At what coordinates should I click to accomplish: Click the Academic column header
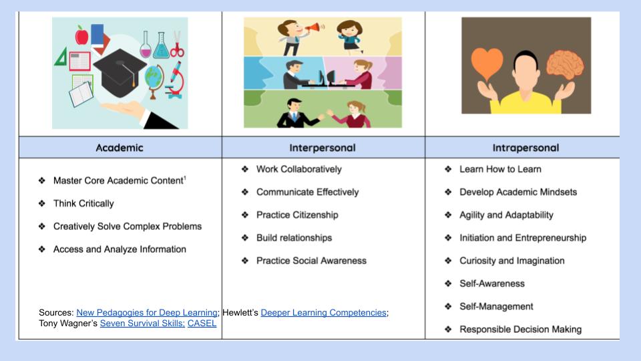click(120, 148)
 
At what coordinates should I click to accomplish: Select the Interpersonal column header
click(323, 148)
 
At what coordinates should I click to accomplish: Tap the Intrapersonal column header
click(525, 148)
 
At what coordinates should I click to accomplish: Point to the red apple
click(81, 35)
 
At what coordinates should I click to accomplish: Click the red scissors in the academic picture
click(177, 44)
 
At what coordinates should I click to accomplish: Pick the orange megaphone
click(314, 28)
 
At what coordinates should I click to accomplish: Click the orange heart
click(487, 64)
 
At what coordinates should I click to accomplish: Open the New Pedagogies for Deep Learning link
click(147, 313)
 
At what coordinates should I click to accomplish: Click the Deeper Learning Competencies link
click(323, 313)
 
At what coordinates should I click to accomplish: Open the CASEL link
click(202, 324)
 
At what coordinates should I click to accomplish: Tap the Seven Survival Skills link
click(142, 324)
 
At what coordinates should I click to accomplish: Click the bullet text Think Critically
click(83, 203)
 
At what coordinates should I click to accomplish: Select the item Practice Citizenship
click(297, 215)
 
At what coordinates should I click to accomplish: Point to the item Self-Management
click(496, 307)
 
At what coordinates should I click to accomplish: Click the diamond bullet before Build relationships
click(245, 238)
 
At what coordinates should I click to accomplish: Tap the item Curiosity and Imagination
click(512, 261)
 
